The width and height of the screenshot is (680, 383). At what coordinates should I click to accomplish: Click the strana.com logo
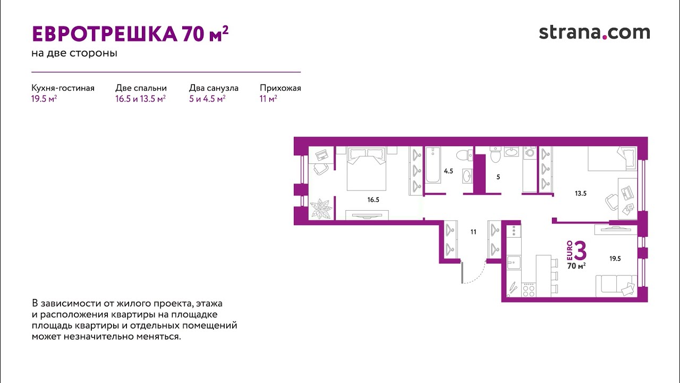pyautogui.click(x=594, y=32)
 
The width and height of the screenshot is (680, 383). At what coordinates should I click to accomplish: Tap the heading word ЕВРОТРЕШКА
pyautogui.click(x=105, y=34)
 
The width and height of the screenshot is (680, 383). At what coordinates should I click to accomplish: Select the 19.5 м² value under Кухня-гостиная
pyautogui.click(x=44, y=99)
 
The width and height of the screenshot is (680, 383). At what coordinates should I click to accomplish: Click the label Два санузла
pyautogui.click(x=214, y=88)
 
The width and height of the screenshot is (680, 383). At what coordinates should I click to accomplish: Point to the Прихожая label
pyautogui.click(x=280, y=88)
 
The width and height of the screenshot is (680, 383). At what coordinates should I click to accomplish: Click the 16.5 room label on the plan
pyautogui.click(x=373, y=199)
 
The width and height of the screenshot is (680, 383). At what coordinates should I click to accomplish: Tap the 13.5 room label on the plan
pyautogui.click(x=581, y=193)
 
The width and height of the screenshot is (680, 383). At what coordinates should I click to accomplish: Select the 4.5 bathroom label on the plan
pyautogui.click(x=448, y=171)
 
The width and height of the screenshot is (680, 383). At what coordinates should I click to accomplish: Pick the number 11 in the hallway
pyautogui.click(x=473, y=232)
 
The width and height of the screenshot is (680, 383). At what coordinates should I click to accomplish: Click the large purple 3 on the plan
pyautogui.click(x=580, y=251)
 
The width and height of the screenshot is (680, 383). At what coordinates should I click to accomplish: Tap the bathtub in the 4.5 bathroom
pyautogui.click(x=433, y=165)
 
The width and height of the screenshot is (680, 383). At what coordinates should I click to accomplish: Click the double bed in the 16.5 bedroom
pyautogui.click(x=367, y=169)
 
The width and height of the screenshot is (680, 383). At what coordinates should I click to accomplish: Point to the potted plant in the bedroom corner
pyautogui.click(x=320, y=209)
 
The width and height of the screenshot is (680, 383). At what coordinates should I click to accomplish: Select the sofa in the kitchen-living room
pyautogui.click(x=616, y=286)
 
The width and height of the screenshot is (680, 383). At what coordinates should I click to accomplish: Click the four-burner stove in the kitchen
pyautogui.click(x=529, y=290)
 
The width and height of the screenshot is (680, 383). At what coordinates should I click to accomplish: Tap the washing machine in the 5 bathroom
pyautogui.click(x=530, y=152)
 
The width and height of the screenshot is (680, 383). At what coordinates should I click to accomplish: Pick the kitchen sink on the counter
pyautogui.click(x=514, y=262)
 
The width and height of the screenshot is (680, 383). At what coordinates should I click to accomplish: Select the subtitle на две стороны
pyautogui.click(x=74, y=53)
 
